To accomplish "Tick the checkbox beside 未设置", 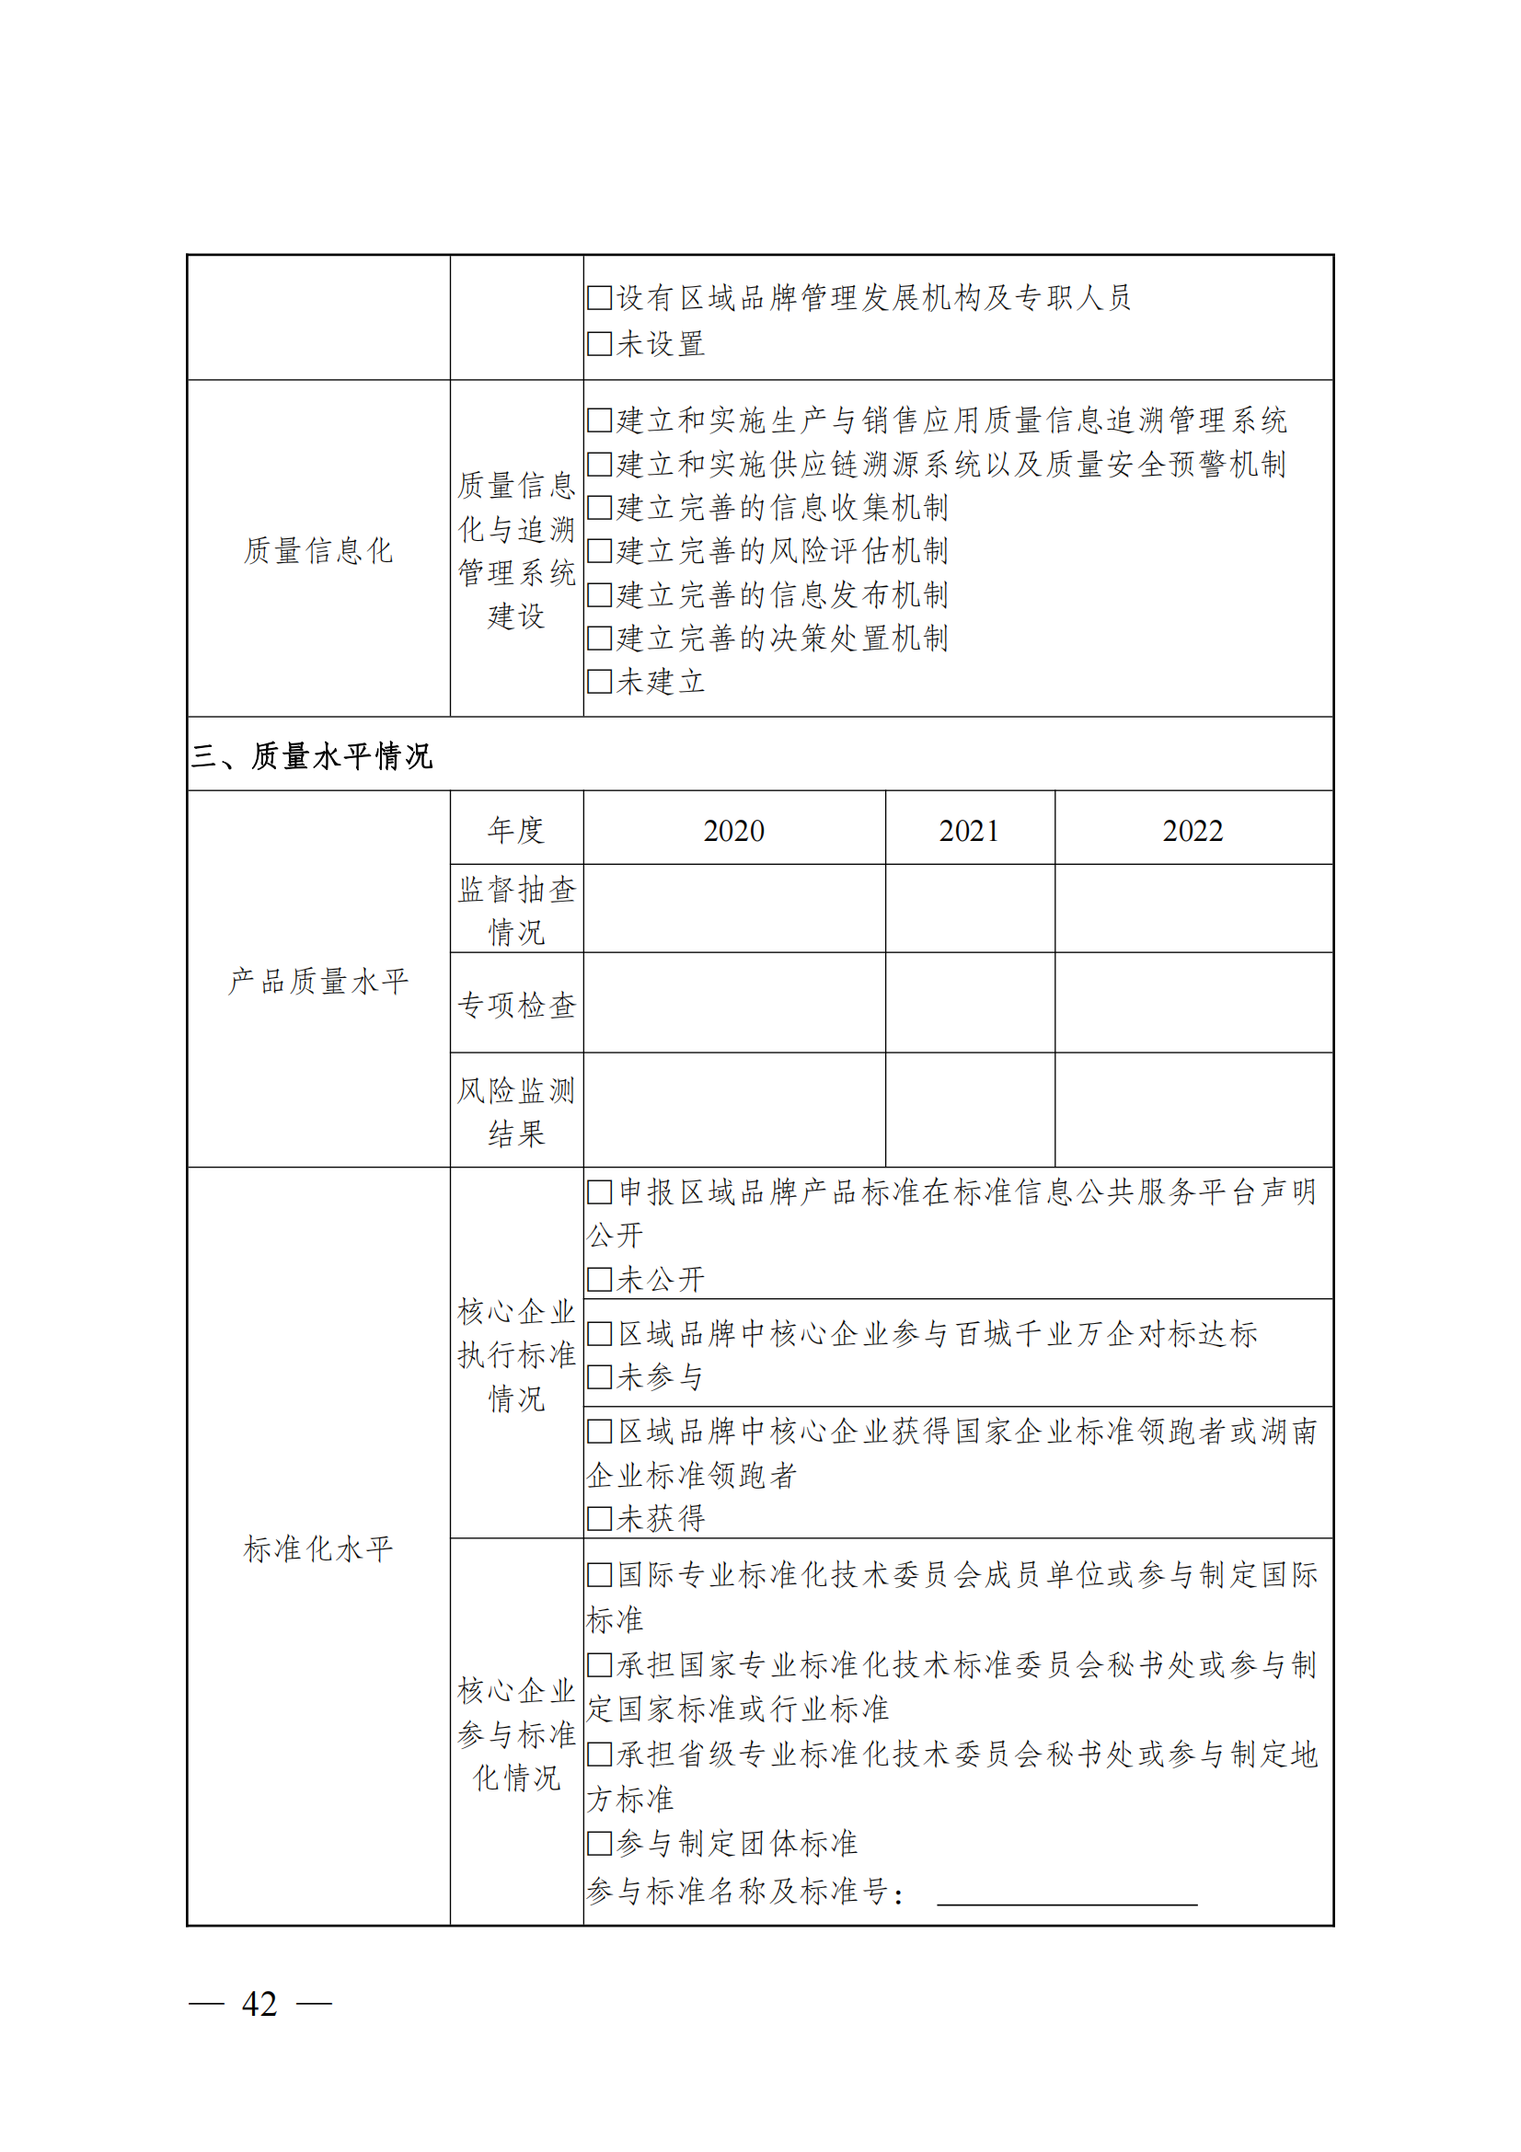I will pos(599,344).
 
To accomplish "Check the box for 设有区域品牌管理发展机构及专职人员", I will pos(599,298).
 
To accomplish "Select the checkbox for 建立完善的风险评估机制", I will pos(599,551).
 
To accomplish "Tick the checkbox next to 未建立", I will pos(599,682).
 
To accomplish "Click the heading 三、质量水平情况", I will pos(312,755).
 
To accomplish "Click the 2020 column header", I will pos(733,831).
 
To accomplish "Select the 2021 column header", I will pos(969,831).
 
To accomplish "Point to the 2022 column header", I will pos(1193,831).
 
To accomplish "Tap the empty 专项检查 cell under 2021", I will pos(969,1003).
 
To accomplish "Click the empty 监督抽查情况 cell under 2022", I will pos(1193,908).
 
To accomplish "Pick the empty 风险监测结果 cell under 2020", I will pos(733,1110).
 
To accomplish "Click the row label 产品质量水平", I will pos(318,982).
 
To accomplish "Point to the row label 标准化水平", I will pos(318,1548).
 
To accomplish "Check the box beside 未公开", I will pos(599,1280).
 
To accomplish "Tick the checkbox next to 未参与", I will pos(599,1377).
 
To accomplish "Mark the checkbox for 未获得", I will pos(599,1518).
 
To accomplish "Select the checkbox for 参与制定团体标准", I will pos(599,1844).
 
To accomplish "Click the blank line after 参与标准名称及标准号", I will pos(1066,1892).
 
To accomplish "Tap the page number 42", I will pos(259,2004).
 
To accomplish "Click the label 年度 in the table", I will pos(516,831).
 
